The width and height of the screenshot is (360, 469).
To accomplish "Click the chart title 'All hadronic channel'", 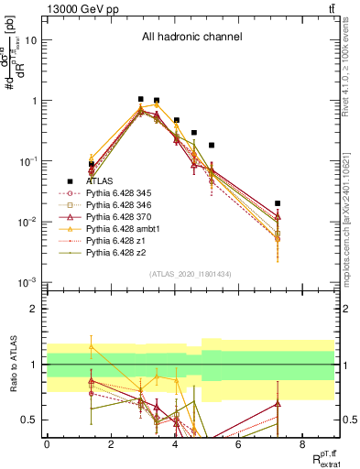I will point(191,38).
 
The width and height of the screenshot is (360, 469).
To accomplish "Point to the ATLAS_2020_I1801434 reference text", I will point(191,274).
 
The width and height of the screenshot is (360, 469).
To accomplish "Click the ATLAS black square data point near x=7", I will point(278,203).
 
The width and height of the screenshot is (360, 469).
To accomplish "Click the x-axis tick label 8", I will point(302,444).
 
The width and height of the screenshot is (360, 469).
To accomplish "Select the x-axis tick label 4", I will point(174,444).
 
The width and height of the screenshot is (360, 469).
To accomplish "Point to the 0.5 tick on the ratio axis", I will point(31,420).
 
